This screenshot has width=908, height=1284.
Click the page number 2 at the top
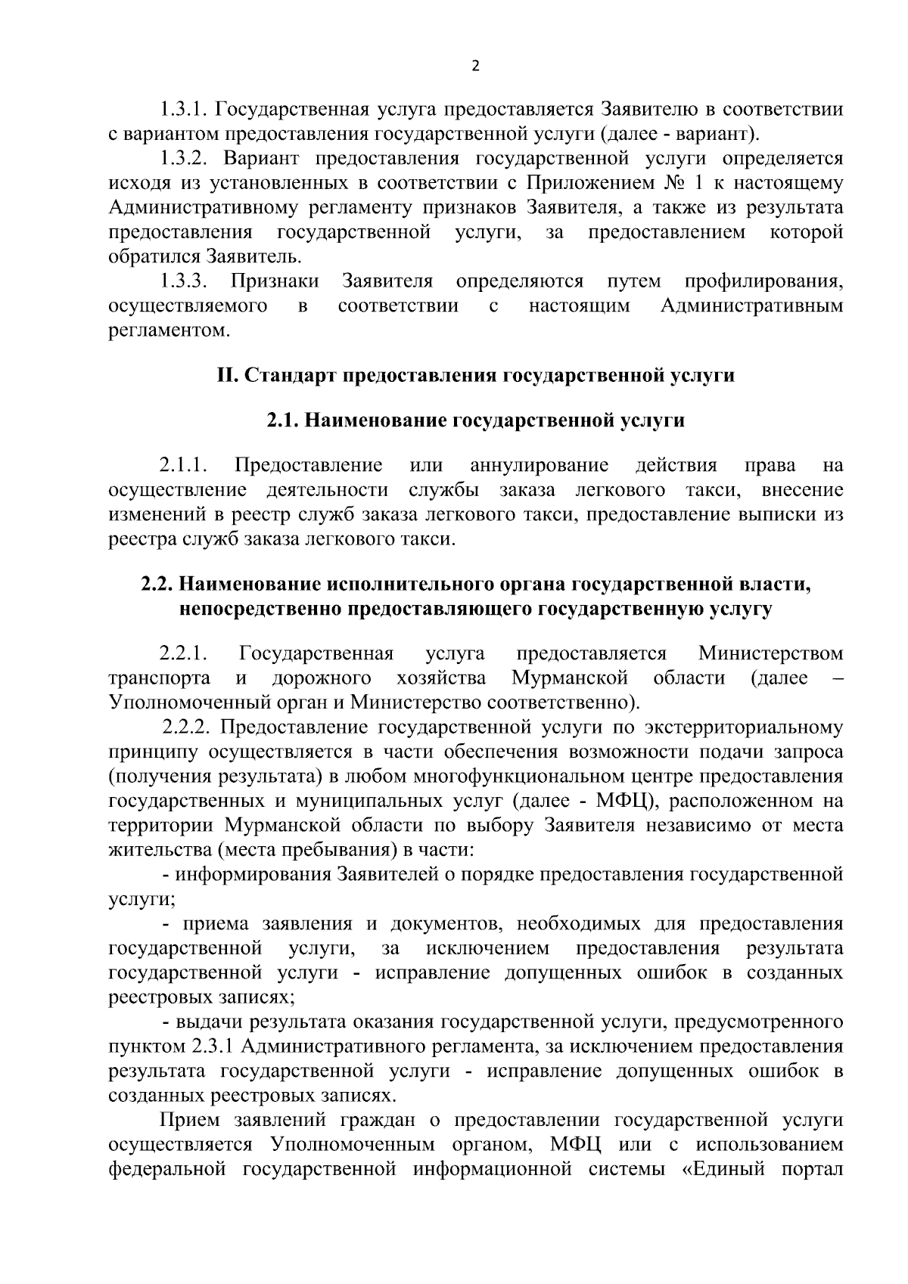point(475,66)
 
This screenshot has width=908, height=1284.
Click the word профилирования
point(763,281)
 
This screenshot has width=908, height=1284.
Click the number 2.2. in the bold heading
point(159,585)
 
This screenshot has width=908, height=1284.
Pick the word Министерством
point(770,653)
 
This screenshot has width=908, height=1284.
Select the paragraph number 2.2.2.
point(188,727)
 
